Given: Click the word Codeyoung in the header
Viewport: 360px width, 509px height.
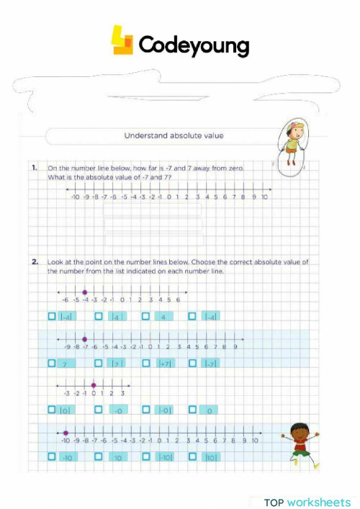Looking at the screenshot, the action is coord(193,45).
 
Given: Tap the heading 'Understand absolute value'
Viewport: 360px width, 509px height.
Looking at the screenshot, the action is coord(174,135).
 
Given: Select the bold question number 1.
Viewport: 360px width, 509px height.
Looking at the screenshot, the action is coord(35,168).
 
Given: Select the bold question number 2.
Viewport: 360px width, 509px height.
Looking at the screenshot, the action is coord(35,262).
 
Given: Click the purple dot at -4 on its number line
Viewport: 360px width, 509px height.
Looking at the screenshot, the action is coord(85,292).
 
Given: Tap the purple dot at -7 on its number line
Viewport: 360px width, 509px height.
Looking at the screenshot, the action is coord(85,338).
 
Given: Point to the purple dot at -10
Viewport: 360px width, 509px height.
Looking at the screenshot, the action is coord(66,433).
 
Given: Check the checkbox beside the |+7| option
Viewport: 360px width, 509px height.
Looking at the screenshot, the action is coord(146,363).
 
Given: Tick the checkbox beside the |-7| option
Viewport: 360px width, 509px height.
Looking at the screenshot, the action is coord(193,363).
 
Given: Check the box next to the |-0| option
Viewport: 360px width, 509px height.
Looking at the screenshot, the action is coord(146,410).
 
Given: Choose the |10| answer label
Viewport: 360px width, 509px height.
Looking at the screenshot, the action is coord(212,457).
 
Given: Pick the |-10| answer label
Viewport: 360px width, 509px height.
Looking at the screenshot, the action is coord(165,457).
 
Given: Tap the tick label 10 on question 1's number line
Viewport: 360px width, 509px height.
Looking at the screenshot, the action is coord(265,197).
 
